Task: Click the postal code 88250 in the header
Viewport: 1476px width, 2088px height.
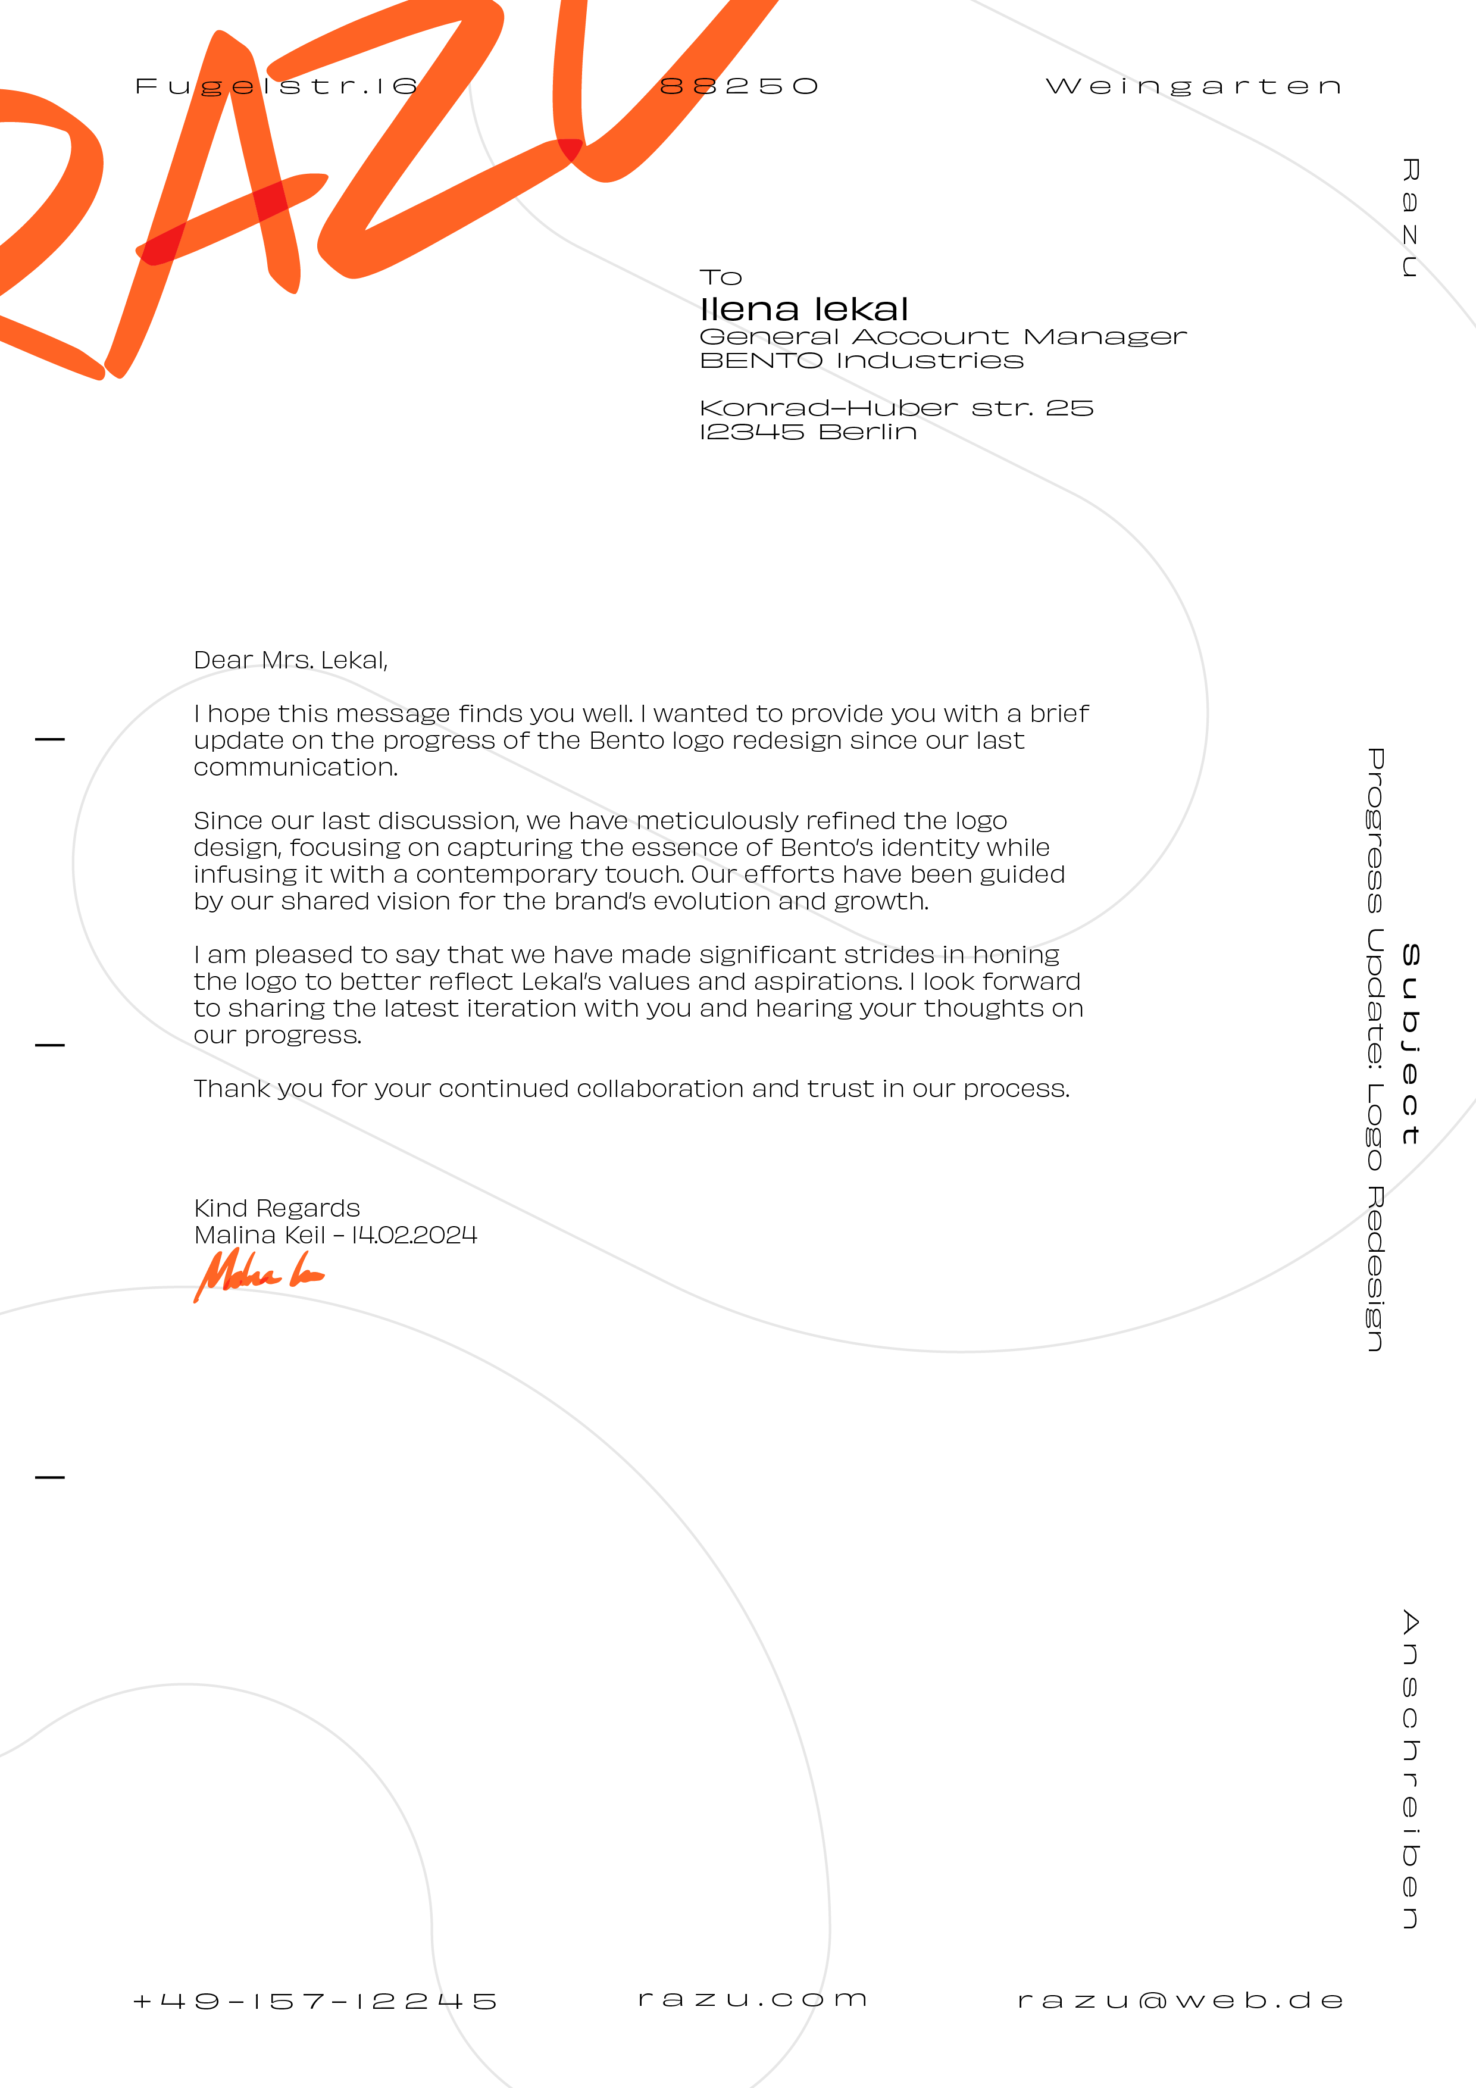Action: [x=739, y=86]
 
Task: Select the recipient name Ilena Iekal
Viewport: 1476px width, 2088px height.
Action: [x=804, y=310]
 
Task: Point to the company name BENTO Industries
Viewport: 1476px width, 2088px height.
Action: [x=861, y=361]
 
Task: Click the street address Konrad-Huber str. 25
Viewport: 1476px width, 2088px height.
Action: [x=896, y=408]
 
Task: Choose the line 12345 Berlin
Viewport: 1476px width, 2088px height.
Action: [x=808, y=432]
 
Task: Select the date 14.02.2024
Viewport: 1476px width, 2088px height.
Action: [x=415, y=1235]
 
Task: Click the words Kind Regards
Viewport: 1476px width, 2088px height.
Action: [x=277, y=1209]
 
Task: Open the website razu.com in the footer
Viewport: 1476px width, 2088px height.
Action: [x=753, y=1999]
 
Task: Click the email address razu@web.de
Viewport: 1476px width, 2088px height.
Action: [x=1180, y=2001]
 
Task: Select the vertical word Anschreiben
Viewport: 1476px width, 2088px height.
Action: [x=1409, y=1769]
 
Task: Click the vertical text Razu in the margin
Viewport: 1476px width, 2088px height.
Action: [x=1409, y=218]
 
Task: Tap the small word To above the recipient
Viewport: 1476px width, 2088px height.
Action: [x=720, y=277]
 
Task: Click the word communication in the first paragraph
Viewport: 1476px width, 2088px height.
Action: [x=296, y=768]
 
